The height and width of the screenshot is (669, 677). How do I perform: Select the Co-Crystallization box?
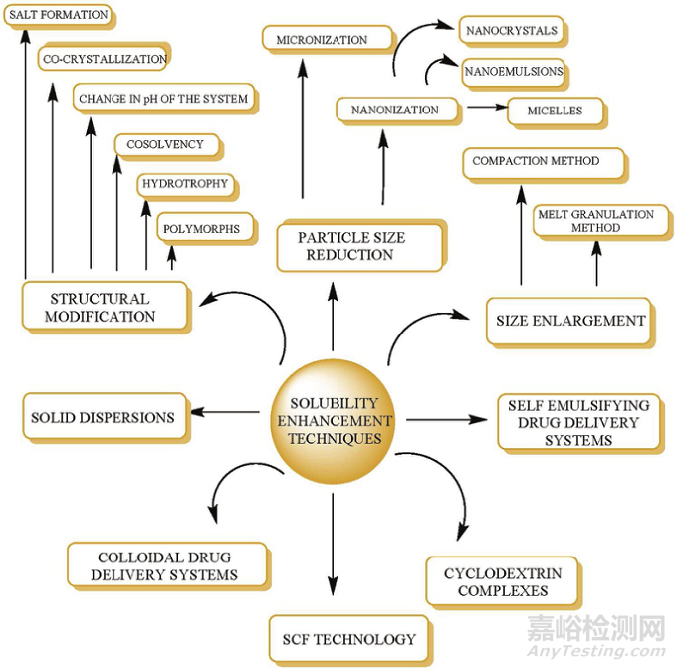(104, 59)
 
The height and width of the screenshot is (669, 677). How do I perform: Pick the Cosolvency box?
(164, 145)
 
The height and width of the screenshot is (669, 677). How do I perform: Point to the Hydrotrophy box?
(185, 184)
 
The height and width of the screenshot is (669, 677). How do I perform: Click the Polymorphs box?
(200, 229)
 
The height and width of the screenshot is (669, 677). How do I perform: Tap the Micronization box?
(316, 40)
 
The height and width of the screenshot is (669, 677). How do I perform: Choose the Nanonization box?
(394, 110)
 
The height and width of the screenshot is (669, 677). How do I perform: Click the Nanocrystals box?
(511, 31)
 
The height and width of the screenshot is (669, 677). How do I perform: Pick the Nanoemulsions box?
(513, 72)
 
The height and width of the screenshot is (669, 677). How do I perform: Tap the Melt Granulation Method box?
(595, 221)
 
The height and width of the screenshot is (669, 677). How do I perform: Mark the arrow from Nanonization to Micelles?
(487, 107)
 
